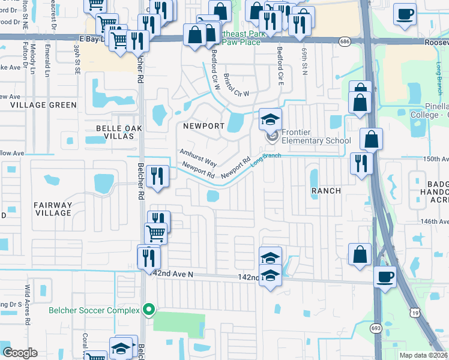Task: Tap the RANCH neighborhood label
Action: coord(326,191)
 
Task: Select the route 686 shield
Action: coord(344,41)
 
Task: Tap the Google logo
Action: coord(20,353)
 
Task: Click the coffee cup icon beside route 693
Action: coord(385,277)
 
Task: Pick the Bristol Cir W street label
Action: coord(236,86)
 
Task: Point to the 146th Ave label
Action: coord(435,221)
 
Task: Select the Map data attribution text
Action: coord(424,355)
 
